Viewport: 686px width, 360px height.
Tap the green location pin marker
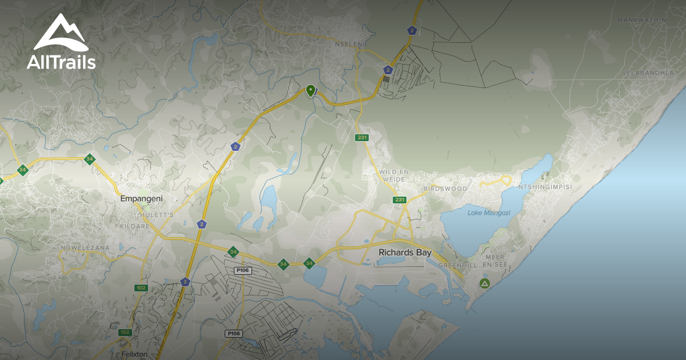310,90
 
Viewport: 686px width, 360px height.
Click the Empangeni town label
142,198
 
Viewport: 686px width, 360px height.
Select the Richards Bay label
405,252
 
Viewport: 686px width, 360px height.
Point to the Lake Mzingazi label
489,213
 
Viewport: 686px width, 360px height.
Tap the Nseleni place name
349,43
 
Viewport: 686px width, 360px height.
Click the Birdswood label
445,189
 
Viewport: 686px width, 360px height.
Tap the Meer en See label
495,261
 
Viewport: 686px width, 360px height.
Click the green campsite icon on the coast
485,283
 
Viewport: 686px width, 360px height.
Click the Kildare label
135,226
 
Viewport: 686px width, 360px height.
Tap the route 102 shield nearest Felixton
125,332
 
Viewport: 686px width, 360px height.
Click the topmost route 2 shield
412,30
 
